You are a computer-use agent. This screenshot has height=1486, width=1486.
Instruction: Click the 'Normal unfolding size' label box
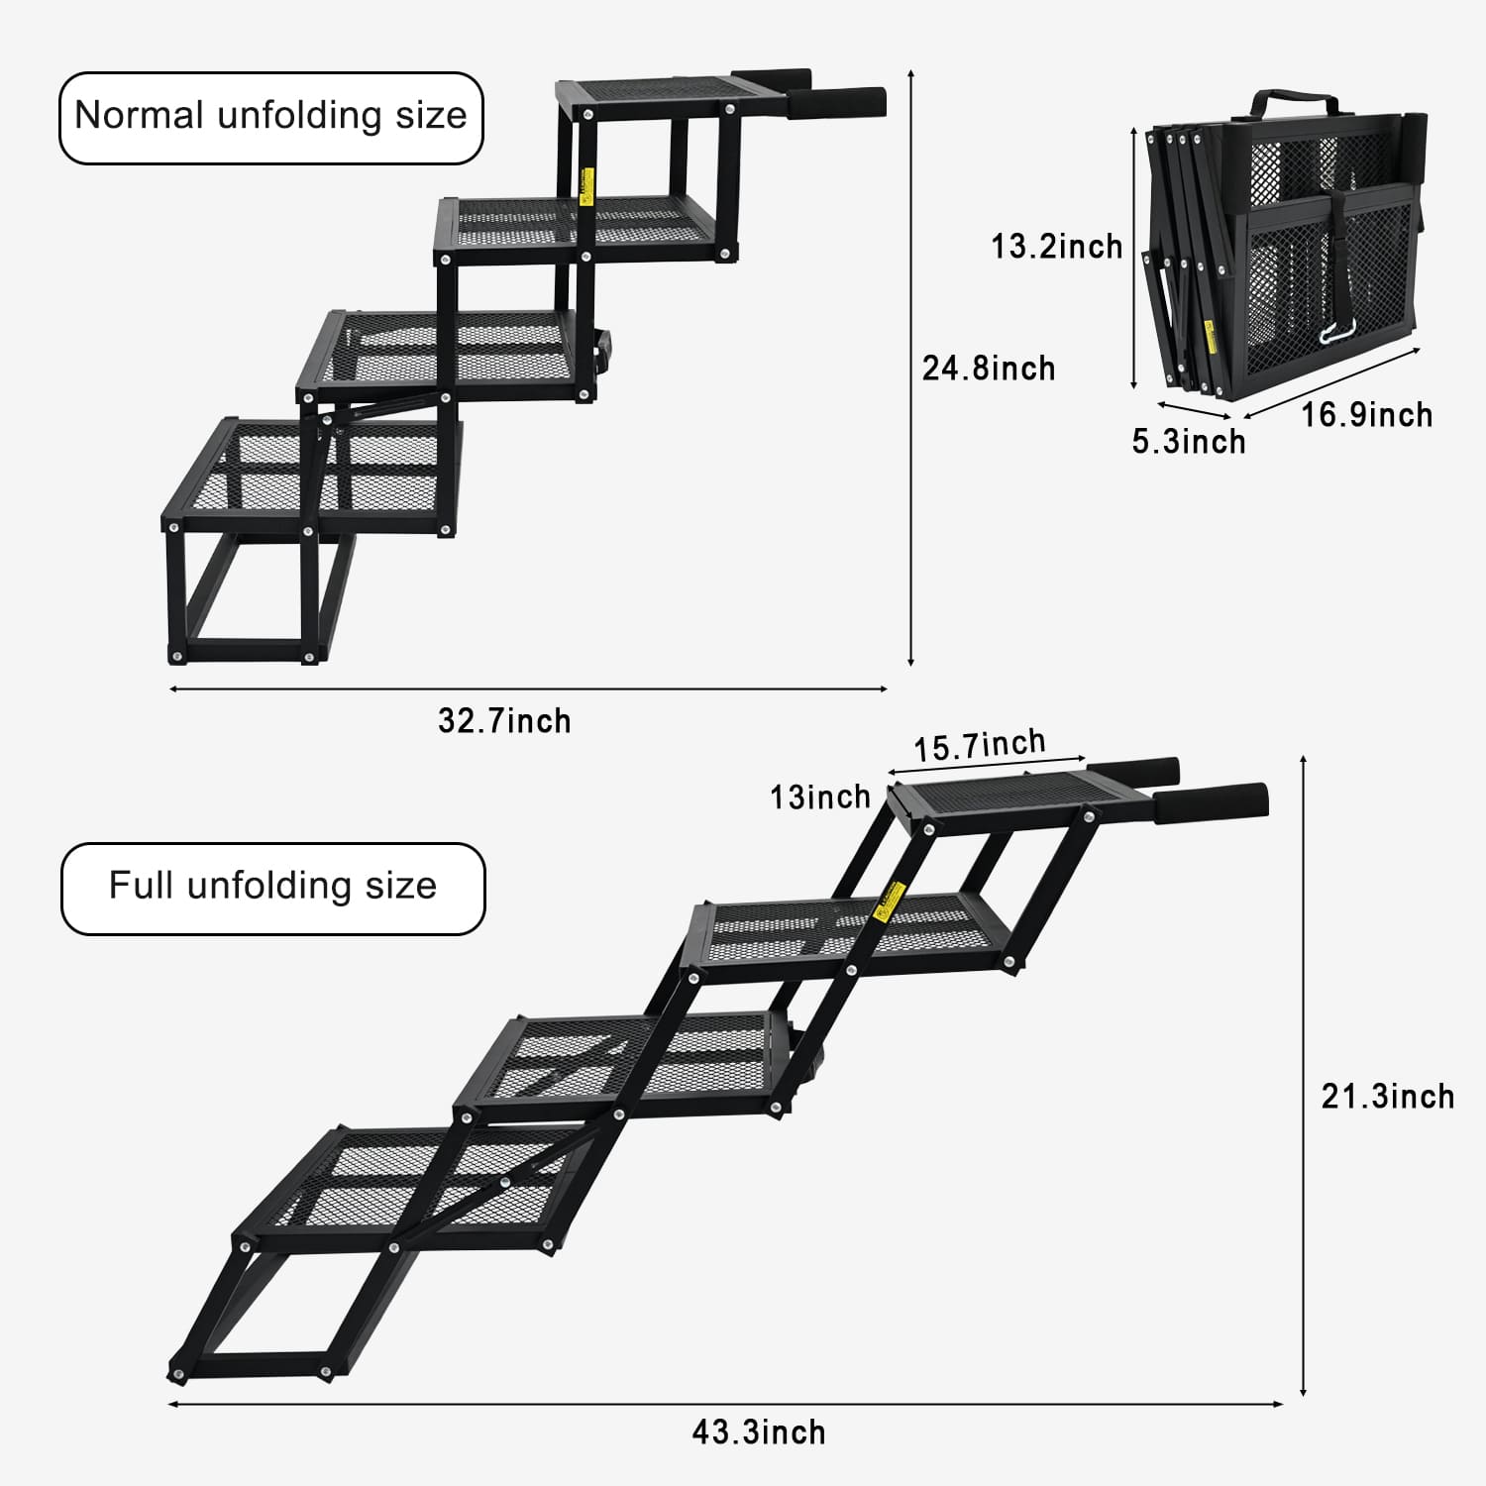270,117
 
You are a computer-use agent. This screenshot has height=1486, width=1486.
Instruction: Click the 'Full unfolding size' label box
272,888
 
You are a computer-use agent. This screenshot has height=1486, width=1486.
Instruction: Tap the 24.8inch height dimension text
989,369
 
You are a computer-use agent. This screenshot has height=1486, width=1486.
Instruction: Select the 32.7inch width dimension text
504,720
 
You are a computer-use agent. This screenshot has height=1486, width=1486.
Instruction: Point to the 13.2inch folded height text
1057,246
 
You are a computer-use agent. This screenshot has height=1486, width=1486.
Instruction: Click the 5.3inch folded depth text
1189,441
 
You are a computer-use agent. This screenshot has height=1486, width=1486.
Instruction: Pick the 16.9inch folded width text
1366,414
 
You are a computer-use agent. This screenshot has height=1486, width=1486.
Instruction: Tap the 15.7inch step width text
979,746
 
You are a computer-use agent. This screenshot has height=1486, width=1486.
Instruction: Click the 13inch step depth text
820,796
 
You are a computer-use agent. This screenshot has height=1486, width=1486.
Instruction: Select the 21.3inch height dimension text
1388,1097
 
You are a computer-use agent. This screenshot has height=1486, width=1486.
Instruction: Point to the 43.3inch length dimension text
759,1432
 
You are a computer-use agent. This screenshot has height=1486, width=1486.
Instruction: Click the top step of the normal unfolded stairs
659,91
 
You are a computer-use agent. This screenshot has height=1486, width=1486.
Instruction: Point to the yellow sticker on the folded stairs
1210,335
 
